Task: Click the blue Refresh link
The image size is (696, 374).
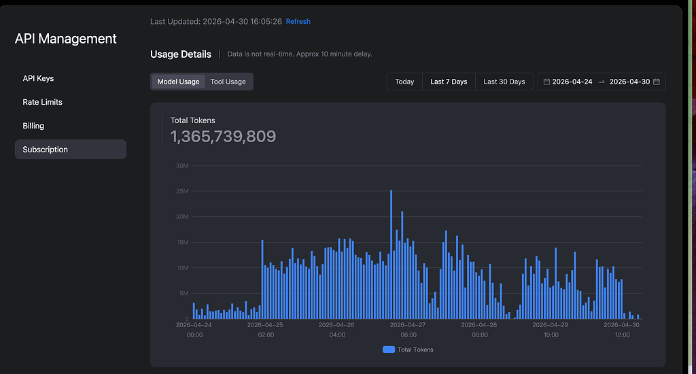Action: tap(298, 21)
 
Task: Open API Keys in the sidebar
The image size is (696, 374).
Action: tap(38, 78)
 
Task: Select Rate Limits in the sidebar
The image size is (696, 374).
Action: tap(43, 102)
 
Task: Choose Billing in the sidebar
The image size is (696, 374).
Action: tap(33, 126)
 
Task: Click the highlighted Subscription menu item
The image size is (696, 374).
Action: tap(71, 149)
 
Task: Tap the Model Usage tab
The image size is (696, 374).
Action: tap(179, 82)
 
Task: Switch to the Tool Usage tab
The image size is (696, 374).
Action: tap(228, 82)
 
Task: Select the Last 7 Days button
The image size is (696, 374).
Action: tap(449, 82)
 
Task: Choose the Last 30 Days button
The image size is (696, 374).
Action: tap(504, 82)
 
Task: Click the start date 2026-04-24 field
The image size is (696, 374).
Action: tap(572, 82)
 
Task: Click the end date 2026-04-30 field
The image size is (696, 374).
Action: tap(629, 82)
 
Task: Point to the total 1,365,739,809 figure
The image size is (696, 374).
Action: tap(223, 137)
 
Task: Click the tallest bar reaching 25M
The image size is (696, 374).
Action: tap(391, 254)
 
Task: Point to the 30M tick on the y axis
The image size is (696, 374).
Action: tap(182, 166)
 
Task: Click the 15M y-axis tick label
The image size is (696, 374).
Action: tap(182, 243)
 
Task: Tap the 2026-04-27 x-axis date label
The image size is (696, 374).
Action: tap(408, 325)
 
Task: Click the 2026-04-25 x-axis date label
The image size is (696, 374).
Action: tap(265, 325)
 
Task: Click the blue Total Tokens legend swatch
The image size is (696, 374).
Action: tap(388, 350)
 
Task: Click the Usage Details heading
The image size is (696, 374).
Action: tap(181, 54)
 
